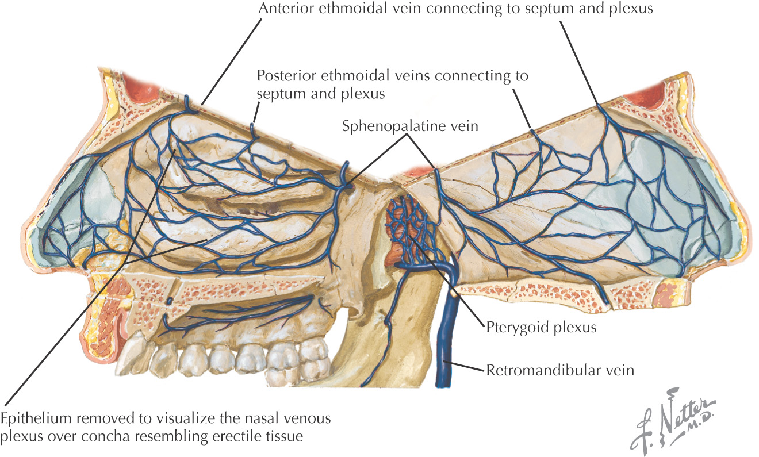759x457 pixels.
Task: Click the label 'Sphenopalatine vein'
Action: tap(410, 126)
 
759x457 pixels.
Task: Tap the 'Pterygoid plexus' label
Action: tap(541, 328)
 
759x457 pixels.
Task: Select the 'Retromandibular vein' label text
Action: tap(560, 370)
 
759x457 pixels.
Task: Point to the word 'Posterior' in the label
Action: tap(286, 75)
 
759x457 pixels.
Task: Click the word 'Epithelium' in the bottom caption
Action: tap(36, 419)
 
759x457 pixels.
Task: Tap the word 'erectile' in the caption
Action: tap(237, 436)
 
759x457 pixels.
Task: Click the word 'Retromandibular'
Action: tap(544, 370)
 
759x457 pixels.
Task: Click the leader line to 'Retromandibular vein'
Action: tap(464, 366)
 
